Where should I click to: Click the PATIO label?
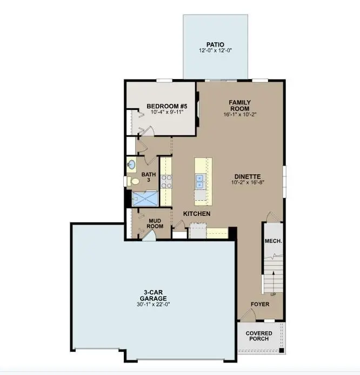pos(215,44)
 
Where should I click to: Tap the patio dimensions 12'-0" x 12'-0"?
pos(215,51)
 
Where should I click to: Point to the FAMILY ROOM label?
pos(239,105)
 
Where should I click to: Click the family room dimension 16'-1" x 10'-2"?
pos(239,114)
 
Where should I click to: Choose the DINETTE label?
pos(248,176)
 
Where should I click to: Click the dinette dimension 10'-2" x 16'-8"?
pos(248,183)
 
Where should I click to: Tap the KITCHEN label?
pos(197,214)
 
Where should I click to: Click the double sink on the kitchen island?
pos(200,181)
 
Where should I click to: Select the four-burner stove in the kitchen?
pos(166,181)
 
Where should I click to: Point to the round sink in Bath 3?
pos(131,165)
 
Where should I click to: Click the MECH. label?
pos(273,241)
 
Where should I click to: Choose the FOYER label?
pos(260,304)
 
